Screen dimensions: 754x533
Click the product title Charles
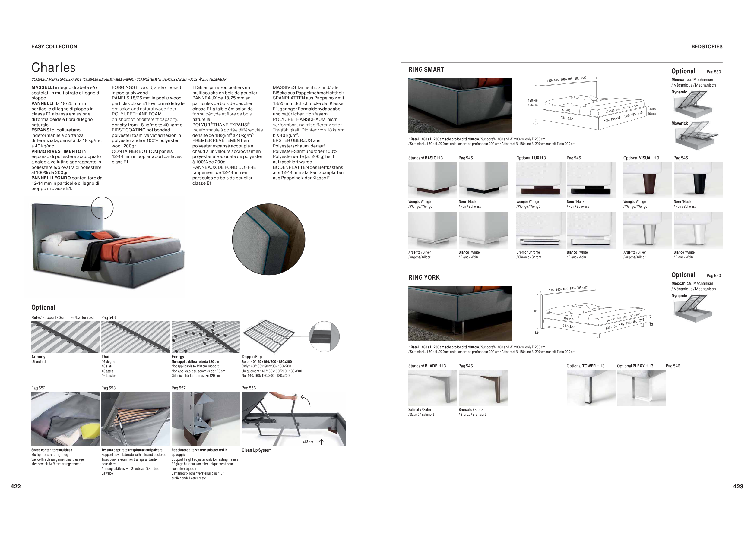pos(53,68)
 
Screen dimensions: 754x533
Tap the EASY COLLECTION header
pos(54,47)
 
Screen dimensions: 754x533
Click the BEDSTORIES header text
pos(707,47)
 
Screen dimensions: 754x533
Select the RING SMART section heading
pos(426,70)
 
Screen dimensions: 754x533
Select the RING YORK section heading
pos(424,278)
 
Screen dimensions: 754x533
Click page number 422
pos(16,486)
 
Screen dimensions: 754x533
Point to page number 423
pos(738,486)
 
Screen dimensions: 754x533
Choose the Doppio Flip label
pos(252,357)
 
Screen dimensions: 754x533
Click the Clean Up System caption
pos(256,450)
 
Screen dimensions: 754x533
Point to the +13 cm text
pos(308,442)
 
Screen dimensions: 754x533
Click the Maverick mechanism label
pos(680,123)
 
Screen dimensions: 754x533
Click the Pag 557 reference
pos(178,388)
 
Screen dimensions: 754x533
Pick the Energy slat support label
pos(178,357)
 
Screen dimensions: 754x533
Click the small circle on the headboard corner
pos(102,208)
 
